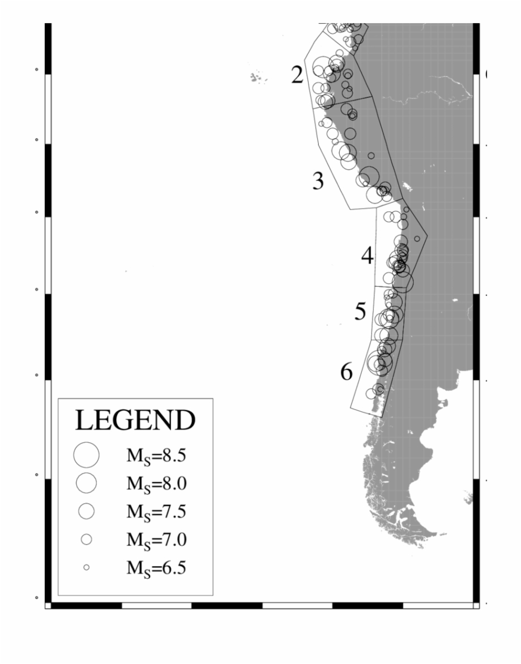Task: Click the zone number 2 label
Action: (297, 75)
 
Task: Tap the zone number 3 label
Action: (318, 181)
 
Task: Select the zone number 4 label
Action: (368, 257)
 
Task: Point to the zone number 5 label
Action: (360, 312)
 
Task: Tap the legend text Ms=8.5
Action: (156, 454)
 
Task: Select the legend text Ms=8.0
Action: (156, 483)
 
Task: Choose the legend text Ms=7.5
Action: (156, 511)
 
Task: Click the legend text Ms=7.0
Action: (156, 540)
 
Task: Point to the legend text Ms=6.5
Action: (156, 567)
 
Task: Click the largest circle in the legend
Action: (86, 454)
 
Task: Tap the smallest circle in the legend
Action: (86, 567)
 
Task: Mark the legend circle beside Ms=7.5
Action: (86, 511)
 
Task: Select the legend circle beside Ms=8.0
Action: (86, 483)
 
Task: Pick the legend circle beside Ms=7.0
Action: (86, 540)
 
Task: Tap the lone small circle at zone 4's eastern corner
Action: (417, 239)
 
